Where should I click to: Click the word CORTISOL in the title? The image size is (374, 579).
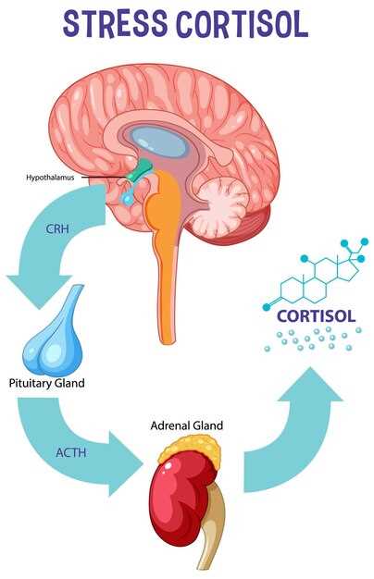(x=242, y=24)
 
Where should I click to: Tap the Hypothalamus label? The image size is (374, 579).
(x=50, y=178)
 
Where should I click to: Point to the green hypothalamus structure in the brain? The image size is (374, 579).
(x=140, y=170)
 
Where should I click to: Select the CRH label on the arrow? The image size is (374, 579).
(x=57, y=229)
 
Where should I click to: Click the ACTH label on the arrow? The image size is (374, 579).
(x=71, y=452)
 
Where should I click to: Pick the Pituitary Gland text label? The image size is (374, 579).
(x=47, y=383)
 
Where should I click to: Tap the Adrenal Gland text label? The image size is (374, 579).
(x=187, y=425)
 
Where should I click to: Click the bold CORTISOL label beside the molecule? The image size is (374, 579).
(x=317, y=316)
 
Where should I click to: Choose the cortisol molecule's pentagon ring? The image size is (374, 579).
(x=348, y=272)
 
